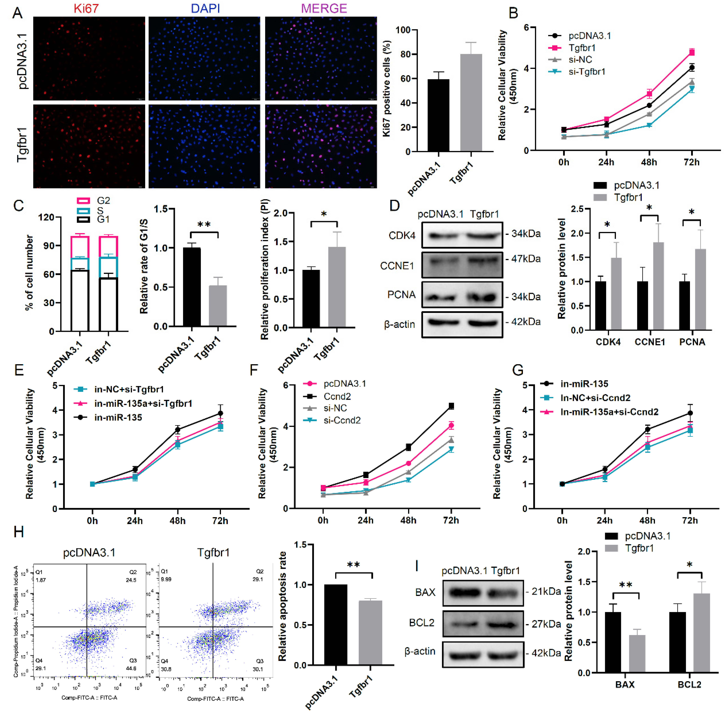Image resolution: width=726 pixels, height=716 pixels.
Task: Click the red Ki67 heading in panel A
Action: (86, 8)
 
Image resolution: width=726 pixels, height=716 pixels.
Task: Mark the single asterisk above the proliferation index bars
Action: (324, 214)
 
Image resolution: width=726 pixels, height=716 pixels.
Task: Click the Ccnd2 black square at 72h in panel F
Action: (451, 406)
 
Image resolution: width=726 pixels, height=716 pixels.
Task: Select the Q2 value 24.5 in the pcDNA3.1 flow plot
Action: (131, 580)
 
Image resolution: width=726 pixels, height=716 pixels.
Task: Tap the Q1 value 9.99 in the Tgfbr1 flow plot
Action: (166, 579)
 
